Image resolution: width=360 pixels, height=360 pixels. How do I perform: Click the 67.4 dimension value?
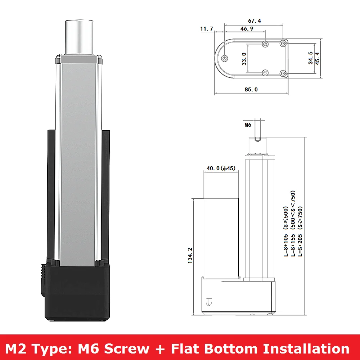255,21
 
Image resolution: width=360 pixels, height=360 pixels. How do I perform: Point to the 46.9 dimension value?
247,29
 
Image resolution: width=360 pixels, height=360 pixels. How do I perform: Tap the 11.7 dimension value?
207,29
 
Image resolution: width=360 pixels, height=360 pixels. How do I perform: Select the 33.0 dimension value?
244,59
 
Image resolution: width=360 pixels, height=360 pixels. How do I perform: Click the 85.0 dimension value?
251,90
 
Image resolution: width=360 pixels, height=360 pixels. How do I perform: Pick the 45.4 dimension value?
318,59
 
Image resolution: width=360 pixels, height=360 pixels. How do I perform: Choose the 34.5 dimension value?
310,58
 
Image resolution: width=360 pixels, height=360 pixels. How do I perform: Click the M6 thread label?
248,125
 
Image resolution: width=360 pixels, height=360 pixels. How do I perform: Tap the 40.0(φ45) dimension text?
221,168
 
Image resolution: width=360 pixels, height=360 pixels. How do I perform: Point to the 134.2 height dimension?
190,255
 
